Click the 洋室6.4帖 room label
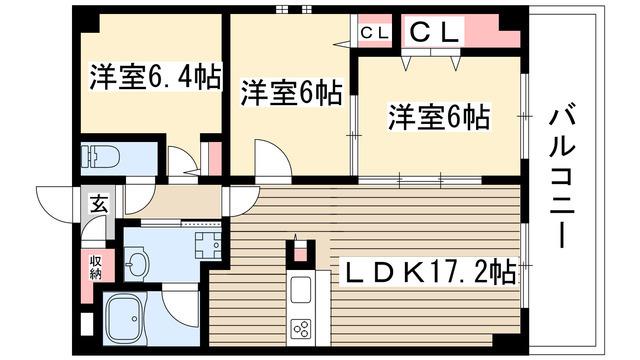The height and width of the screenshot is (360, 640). (x=156, y=76)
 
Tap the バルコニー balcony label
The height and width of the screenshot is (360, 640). (x=562, y=179)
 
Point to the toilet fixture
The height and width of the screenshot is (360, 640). (x=100, y=157)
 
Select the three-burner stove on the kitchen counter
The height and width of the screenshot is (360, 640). (x=301, y=329)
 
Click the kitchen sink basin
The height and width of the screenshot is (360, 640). (x=300, y=289)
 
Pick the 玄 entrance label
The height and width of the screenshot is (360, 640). (x=99, y=203)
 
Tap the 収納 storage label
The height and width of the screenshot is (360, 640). (x=96, y=267)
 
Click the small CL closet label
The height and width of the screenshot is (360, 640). (x=374, y=33)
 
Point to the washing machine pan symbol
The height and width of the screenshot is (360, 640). (x=208, y=245)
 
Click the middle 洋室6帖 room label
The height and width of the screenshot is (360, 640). (x=291, y=93)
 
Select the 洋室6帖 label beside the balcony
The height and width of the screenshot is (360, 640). (x=439, y=117)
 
